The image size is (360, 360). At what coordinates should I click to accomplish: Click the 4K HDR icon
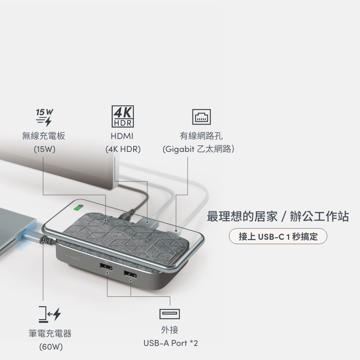pos(123,116)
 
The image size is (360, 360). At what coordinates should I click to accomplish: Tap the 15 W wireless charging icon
pos(44,118)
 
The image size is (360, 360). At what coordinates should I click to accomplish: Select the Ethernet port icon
pos(201,117)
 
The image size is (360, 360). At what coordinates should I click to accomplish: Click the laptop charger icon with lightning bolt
pos(50,314)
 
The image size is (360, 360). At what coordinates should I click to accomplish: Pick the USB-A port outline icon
pos(170,314)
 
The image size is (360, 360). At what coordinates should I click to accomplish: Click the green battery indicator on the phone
pos(77,208)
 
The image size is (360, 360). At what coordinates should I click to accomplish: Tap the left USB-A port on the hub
pos(106,267)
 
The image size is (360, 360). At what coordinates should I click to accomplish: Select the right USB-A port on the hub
pos(130,274)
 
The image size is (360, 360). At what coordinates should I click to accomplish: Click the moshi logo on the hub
pos(75,258)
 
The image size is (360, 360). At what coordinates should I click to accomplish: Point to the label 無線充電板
pos(44,136)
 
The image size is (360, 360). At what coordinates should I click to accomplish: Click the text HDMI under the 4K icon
pos(122,136)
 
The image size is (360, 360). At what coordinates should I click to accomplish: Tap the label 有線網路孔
pos(201,136)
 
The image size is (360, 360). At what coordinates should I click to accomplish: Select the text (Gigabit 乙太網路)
pos(198,149)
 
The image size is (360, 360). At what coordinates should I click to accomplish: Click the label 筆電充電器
pos(50,333)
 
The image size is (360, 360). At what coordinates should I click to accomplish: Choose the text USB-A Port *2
pos(171,343)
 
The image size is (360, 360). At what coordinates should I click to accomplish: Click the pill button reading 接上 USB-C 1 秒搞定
pos(278,236)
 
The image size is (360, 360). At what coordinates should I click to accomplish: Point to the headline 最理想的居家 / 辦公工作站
pos(278,216)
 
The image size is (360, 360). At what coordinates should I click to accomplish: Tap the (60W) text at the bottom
pos(51,347)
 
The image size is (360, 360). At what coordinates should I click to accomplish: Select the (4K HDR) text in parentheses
pos(123,149)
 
